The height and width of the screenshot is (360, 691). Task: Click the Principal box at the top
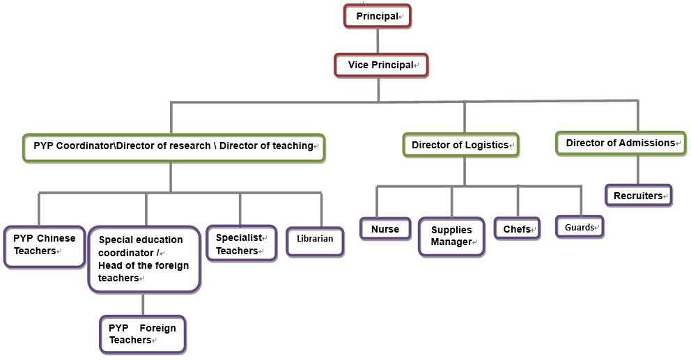coord(377,16)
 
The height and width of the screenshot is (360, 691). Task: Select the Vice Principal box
coord(381,65)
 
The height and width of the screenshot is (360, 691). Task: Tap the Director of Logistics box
coord(461,146)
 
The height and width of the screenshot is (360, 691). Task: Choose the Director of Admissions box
coord(620,143)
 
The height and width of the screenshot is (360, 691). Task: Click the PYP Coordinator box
coord(173,147)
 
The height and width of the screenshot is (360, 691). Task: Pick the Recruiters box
coord(638,196)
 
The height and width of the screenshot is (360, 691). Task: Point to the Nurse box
coord(385,229)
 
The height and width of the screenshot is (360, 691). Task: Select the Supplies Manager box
coord(451,236)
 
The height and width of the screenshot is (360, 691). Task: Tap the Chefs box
coord(517,229)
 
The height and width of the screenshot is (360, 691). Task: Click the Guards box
coord(580,228)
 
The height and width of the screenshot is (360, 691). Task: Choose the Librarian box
coord(315,239)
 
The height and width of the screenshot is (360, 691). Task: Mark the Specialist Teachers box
coord(241,244)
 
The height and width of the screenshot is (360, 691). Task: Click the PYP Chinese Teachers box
coord(45,246)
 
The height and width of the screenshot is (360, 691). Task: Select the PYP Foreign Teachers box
coord(143,334)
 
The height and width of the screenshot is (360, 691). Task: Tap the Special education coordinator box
coord(144,259)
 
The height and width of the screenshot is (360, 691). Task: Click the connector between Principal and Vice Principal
coord(378,40)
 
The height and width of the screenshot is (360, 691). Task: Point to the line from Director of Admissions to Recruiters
coord(638,170)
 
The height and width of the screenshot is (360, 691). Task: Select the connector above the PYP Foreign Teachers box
coord(143,304)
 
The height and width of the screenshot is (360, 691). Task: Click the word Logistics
coord(486,146)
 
